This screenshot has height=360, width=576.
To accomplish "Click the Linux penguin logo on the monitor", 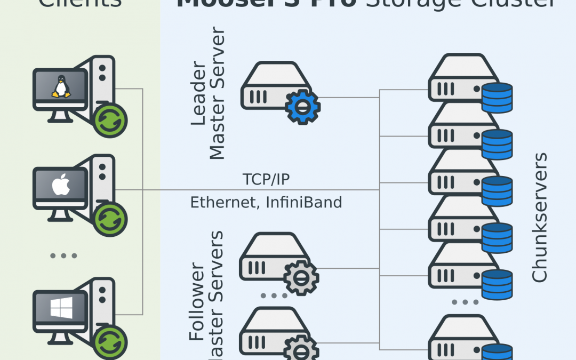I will (61, 86).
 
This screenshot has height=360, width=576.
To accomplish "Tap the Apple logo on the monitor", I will (60, 186).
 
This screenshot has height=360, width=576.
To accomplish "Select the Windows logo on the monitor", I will (60, 308).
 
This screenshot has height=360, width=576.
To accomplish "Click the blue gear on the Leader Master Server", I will (302, 107).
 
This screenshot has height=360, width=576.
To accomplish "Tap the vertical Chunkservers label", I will (540, 218).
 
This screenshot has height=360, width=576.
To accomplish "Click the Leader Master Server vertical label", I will (208, 95).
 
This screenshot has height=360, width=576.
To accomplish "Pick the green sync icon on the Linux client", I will (110, 121).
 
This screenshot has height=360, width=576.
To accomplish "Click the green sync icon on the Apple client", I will (110, 220).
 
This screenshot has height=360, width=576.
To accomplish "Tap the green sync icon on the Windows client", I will (110, 342).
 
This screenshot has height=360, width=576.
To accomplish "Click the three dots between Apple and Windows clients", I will (63, 256).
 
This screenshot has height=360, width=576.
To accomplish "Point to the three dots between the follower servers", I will (274, 295).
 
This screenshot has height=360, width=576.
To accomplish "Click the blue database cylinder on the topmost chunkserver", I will (497, 98).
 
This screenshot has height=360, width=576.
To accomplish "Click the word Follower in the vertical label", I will (197, 301).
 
